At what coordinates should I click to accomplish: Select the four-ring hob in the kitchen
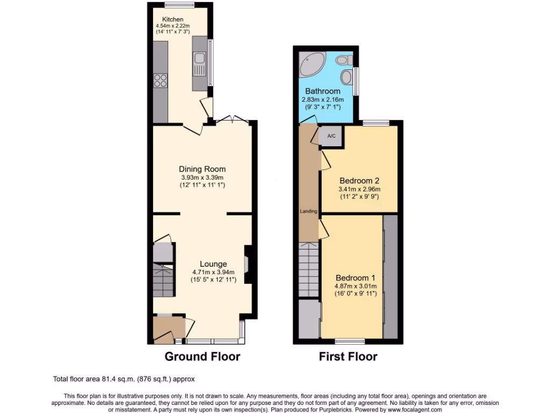[161, 80]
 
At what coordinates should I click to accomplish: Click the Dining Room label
[202, 169]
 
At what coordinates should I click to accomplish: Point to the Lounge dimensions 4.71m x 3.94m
[213, 272]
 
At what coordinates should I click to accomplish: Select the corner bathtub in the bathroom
[311, 65]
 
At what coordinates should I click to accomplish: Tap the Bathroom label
[323, 91]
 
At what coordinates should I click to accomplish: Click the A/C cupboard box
[331, 136]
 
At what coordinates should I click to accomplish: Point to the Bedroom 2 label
[359, 181]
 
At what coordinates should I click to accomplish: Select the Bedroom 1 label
[356, 278]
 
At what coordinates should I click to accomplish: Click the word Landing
[308, 211]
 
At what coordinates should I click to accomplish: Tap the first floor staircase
[308, 269]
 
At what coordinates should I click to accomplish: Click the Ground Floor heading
[202, 357]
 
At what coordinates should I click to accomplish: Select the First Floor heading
[348, 357]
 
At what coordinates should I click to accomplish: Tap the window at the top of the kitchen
[179, 5]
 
